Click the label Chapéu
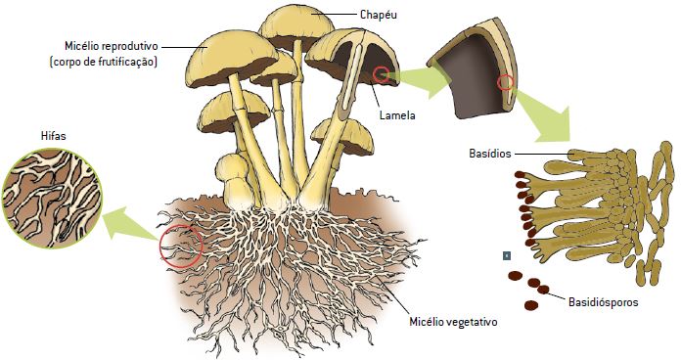(379, 15)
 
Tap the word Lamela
(397, 115)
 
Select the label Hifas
(53, 136)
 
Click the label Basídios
(490, 154)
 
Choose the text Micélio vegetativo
(453, 322)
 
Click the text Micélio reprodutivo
(112, 46)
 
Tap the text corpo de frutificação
(104, 62)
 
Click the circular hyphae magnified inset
(52, 199)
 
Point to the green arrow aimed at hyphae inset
(130, 224)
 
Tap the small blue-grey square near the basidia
(507, 255)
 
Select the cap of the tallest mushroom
(295, 27)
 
